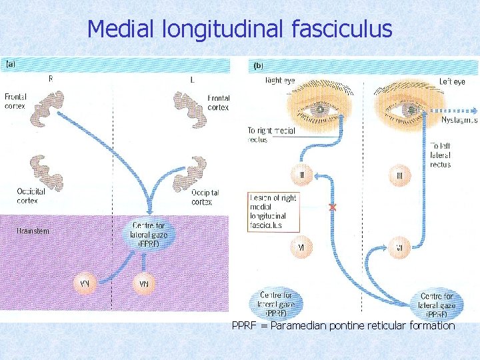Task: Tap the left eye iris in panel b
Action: click(409, 109)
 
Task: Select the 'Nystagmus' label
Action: click(459, 120)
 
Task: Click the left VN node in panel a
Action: click(85, 283)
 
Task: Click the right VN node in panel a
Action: click(143, 283)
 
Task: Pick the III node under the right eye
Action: click(301, 176)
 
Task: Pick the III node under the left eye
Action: click(399, 176)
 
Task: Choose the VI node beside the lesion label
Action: click(301, 247)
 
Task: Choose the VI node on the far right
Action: click(399, 247)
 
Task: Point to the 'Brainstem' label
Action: click(33, 231)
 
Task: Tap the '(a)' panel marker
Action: click(11, 65)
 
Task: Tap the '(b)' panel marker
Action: click(259, 66)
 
